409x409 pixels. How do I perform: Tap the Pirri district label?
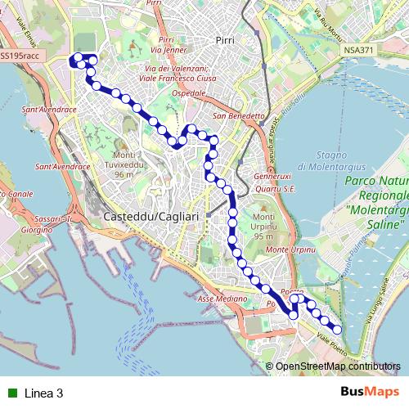[x=224, y=38]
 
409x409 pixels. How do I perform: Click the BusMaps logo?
[x=370, y=392]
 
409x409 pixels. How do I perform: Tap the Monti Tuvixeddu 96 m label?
[x=124, y=164]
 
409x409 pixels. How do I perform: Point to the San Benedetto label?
[x=239, y=116]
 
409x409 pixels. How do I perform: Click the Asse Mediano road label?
[x=222, y=299]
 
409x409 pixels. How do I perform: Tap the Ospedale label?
[x=188, y=94]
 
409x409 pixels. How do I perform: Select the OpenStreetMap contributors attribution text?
[x=337, y=366]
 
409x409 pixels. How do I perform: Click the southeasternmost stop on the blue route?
[x=337, y=330]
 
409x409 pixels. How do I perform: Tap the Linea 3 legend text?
[x=44, y=393]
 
